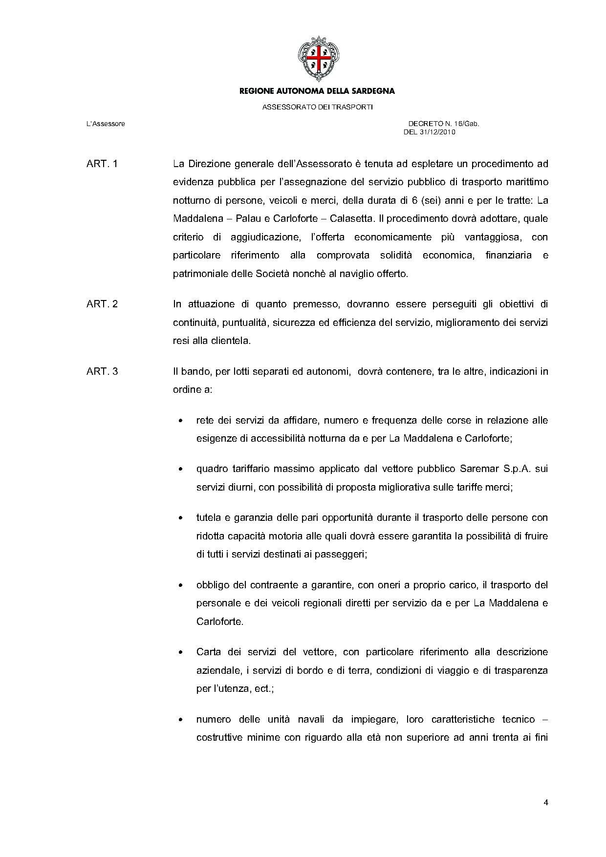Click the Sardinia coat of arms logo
coord(318,59)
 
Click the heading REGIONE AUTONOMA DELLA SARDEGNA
coord(317,91)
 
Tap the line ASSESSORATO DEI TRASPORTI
coord(317,107)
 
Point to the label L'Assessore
coord(106,124)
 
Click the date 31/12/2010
coord(436,132)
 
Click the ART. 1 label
coord(102,164)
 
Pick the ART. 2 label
coord(102,304)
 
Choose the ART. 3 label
coord(102,371)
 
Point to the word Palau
coord(248,218)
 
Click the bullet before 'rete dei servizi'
coord(181,421)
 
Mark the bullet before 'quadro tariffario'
coord(181,469)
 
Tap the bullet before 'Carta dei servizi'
coord(181,652)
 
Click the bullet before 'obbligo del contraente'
coord(181,585)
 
